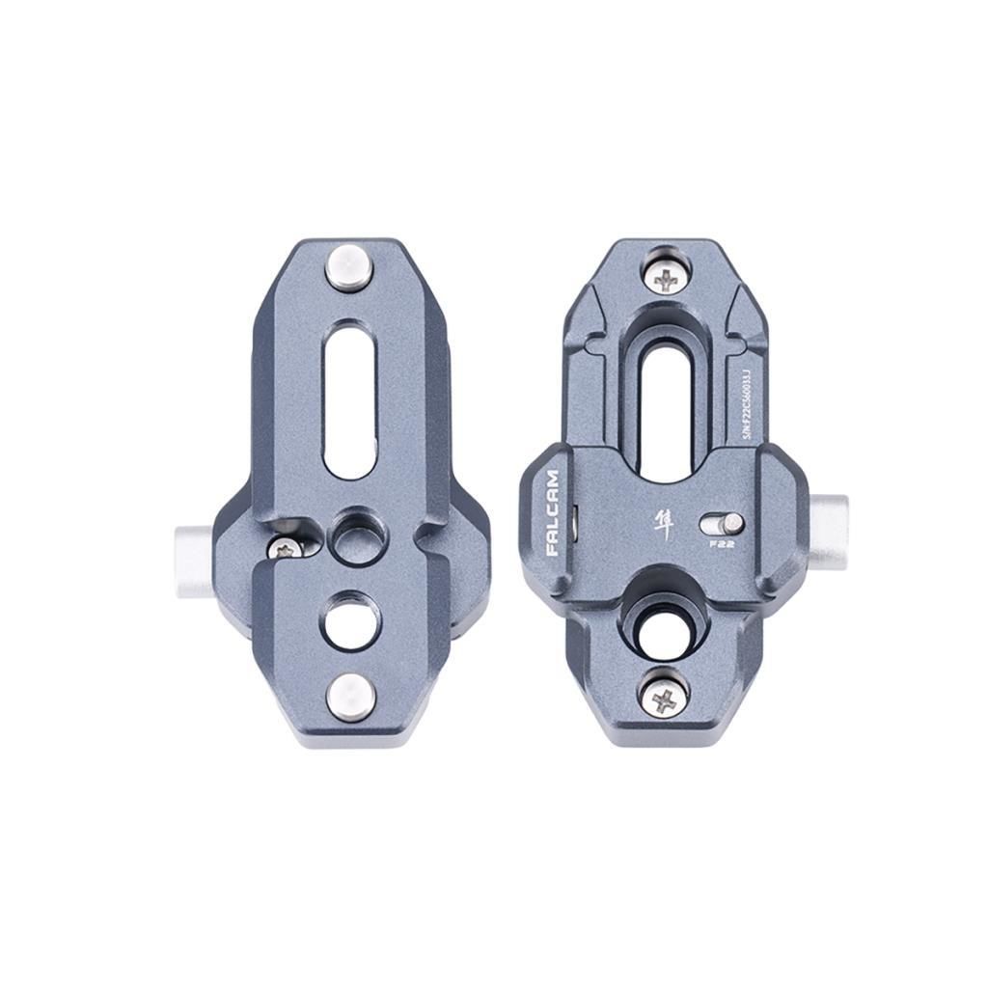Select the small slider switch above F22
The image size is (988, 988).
[x=723, y=523]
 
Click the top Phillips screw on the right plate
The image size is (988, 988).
[x=665, y=280]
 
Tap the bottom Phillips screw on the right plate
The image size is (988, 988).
[x=665, y=699]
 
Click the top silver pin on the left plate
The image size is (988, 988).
[x=348, y=267]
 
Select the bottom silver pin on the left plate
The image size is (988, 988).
[x=348, y=697]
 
